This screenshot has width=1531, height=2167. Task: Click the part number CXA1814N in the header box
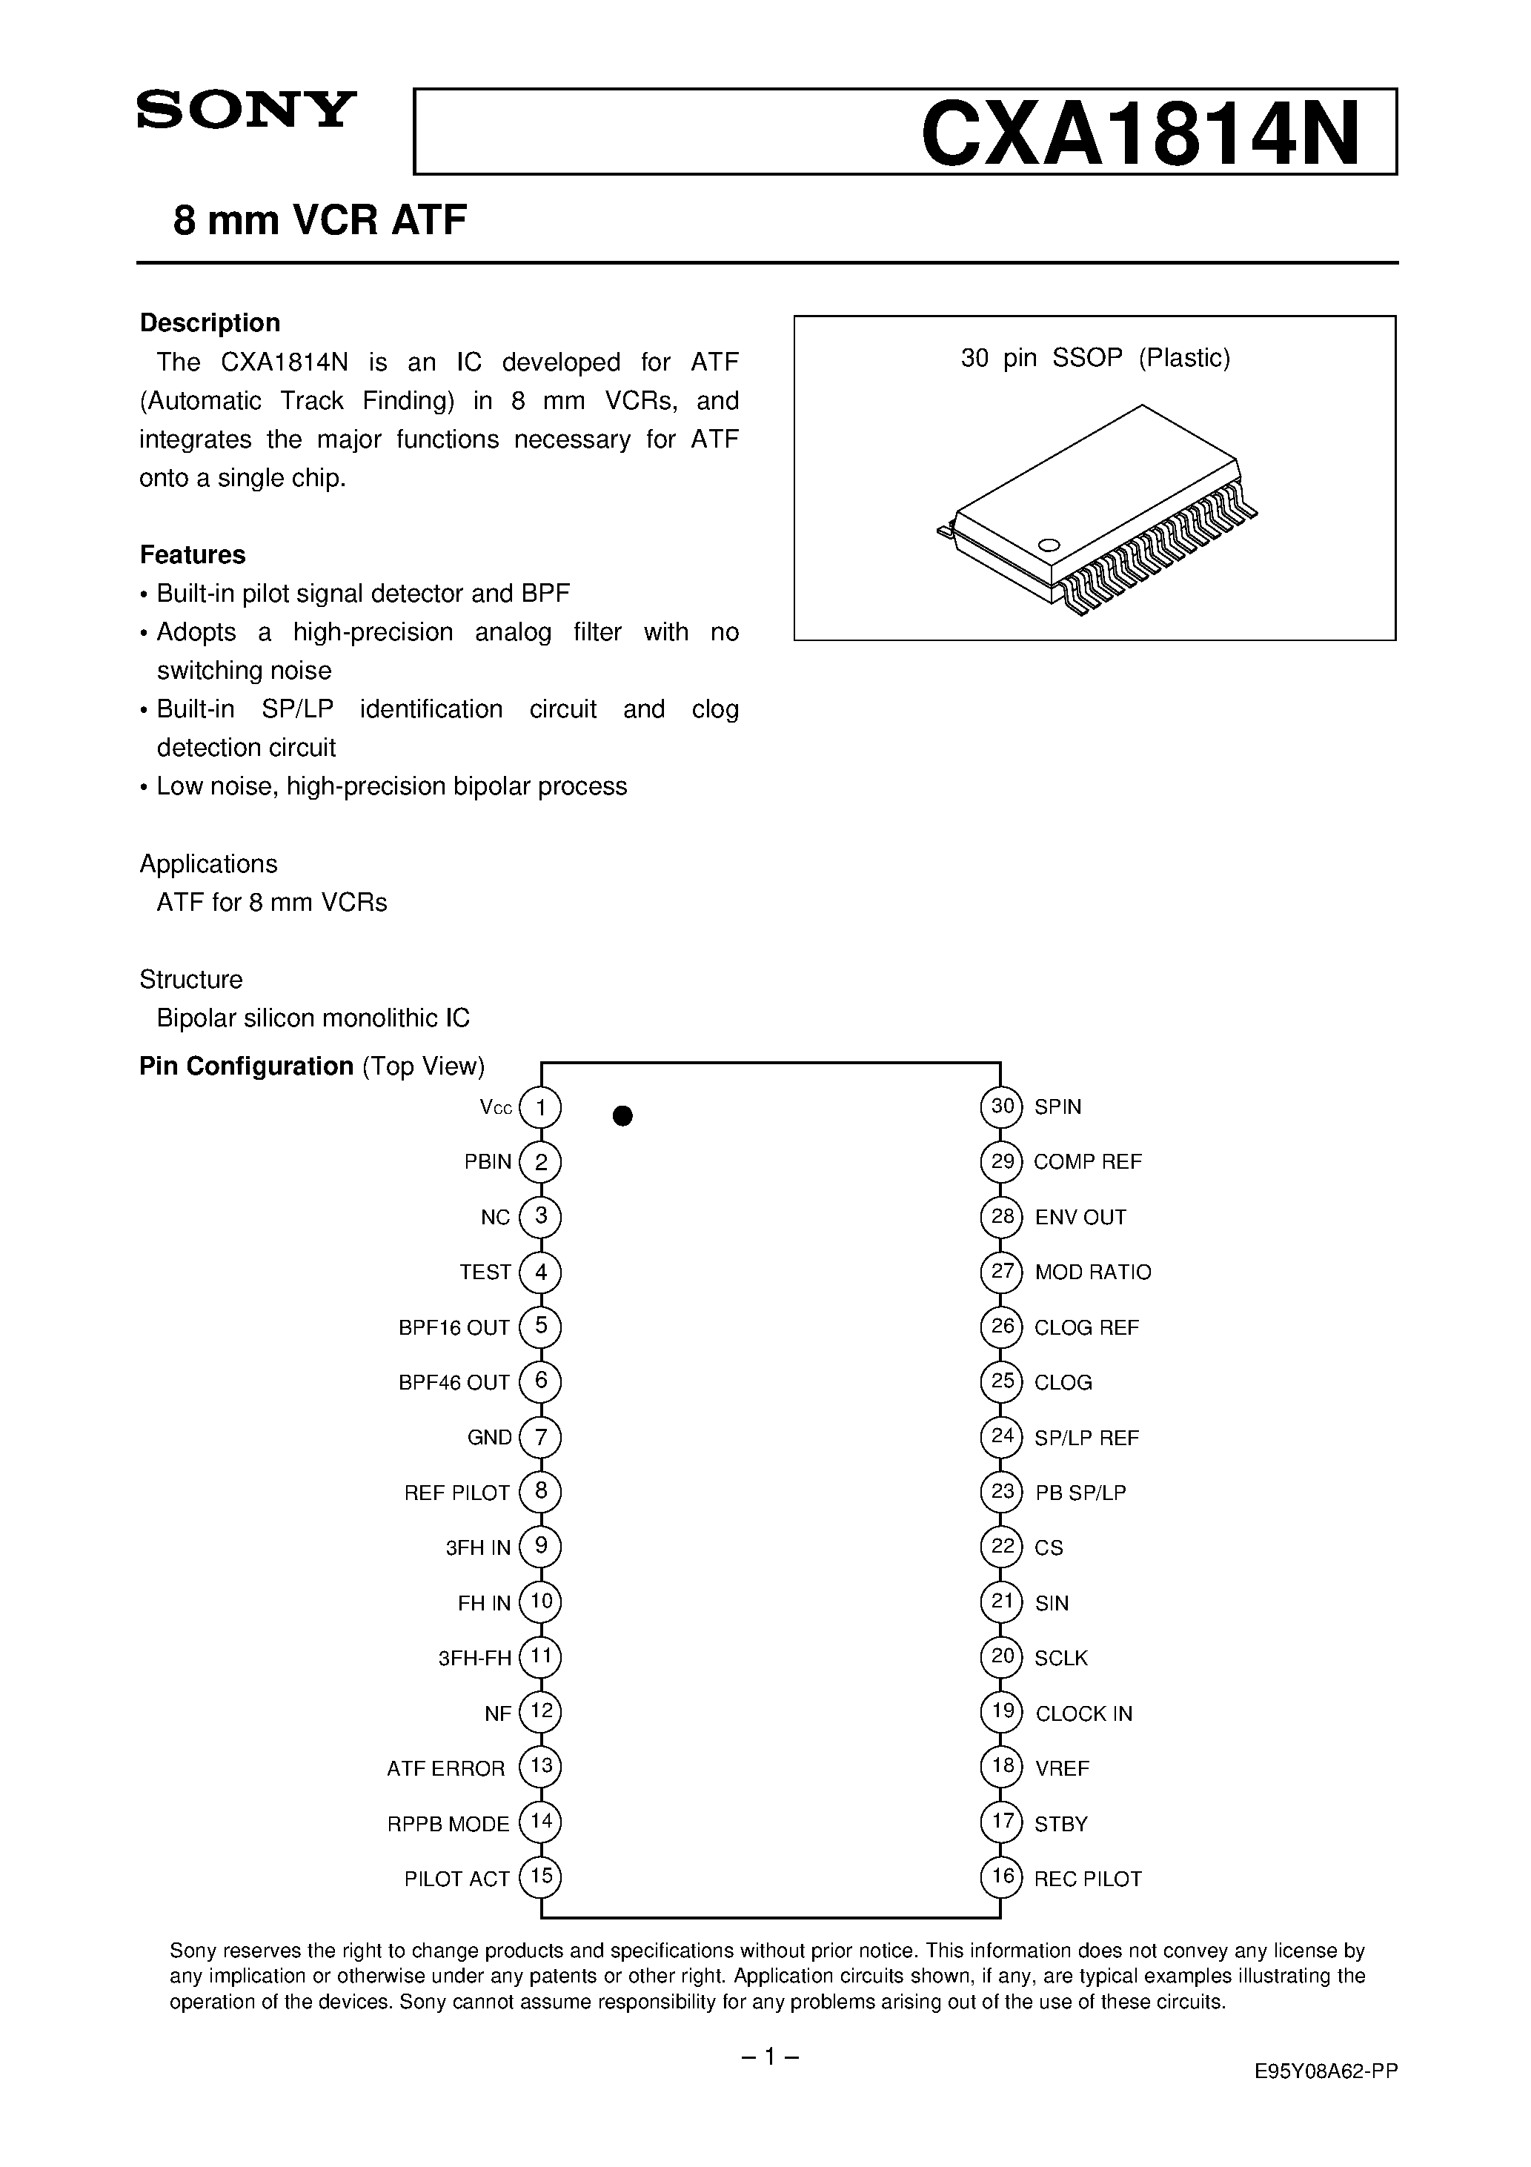tap(1140, 134)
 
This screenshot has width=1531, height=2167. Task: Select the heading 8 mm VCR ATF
tap(320, 221)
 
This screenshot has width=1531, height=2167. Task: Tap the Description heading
tap(210, 323)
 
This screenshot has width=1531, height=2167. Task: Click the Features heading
tap(193, 554)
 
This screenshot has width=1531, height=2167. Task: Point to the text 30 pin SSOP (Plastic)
tap(1095, 358)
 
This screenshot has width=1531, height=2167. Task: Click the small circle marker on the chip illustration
tap(1049, 545)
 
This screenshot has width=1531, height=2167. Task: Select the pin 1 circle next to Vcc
tap(541, 1107)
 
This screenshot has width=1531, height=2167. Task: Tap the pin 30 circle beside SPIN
tap(1001, 1106)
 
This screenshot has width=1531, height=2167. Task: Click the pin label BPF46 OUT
tap(454, 1383)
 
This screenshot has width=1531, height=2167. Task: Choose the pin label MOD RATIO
tap(1092, 1272)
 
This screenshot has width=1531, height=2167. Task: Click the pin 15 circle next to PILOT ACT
tap(541, 1878)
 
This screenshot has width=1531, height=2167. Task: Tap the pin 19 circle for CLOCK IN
tap(1001, 1713)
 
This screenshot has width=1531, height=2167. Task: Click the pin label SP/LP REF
tap(1086, 1438)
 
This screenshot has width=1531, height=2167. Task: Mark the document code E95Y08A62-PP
tap(1325, 2091)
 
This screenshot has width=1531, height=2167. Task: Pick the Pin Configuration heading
tap(246, 1066)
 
